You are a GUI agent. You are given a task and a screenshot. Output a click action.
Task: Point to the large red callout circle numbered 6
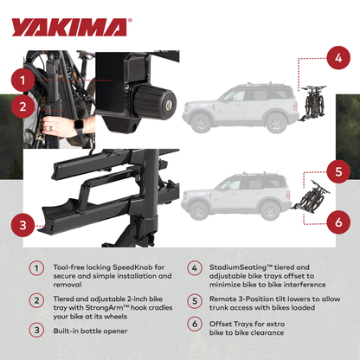click(x=338, y=221)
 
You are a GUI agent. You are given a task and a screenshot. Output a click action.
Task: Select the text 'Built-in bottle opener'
click(x=90, y=330)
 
